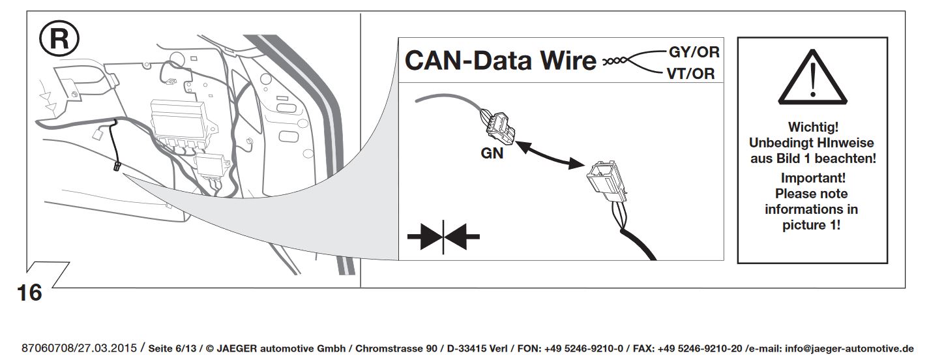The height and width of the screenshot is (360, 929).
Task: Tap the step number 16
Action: pos(30,293)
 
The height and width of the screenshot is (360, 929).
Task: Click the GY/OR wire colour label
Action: pos(693,53)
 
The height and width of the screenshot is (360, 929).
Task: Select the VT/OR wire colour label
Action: pos(690,74)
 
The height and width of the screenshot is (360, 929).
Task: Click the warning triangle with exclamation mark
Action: pos(812,81)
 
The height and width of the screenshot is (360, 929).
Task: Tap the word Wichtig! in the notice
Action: pos(812,127)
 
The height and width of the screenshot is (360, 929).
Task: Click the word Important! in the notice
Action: pos(812,178)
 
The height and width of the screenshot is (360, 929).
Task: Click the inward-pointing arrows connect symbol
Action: pos(443,236)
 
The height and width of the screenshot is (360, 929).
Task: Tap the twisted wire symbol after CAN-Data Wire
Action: pos(619,61)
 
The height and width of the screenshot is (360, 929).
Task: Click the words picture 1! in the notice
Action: pos(812,226)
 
